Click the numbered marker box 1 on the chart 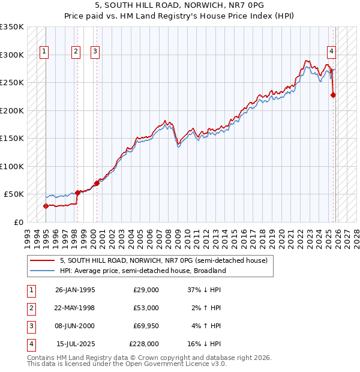45,52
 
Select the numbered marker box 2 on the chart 76,52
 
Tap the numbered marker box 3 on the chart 95,52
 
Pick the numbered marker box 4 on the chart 331,52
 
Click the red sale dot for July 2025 333,95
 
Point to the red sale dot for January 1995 46,206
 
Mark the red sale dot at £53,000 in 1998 77,193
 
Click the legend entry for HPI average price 142,271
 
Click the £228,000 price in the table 144,344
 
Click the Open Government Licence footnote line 127,364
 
